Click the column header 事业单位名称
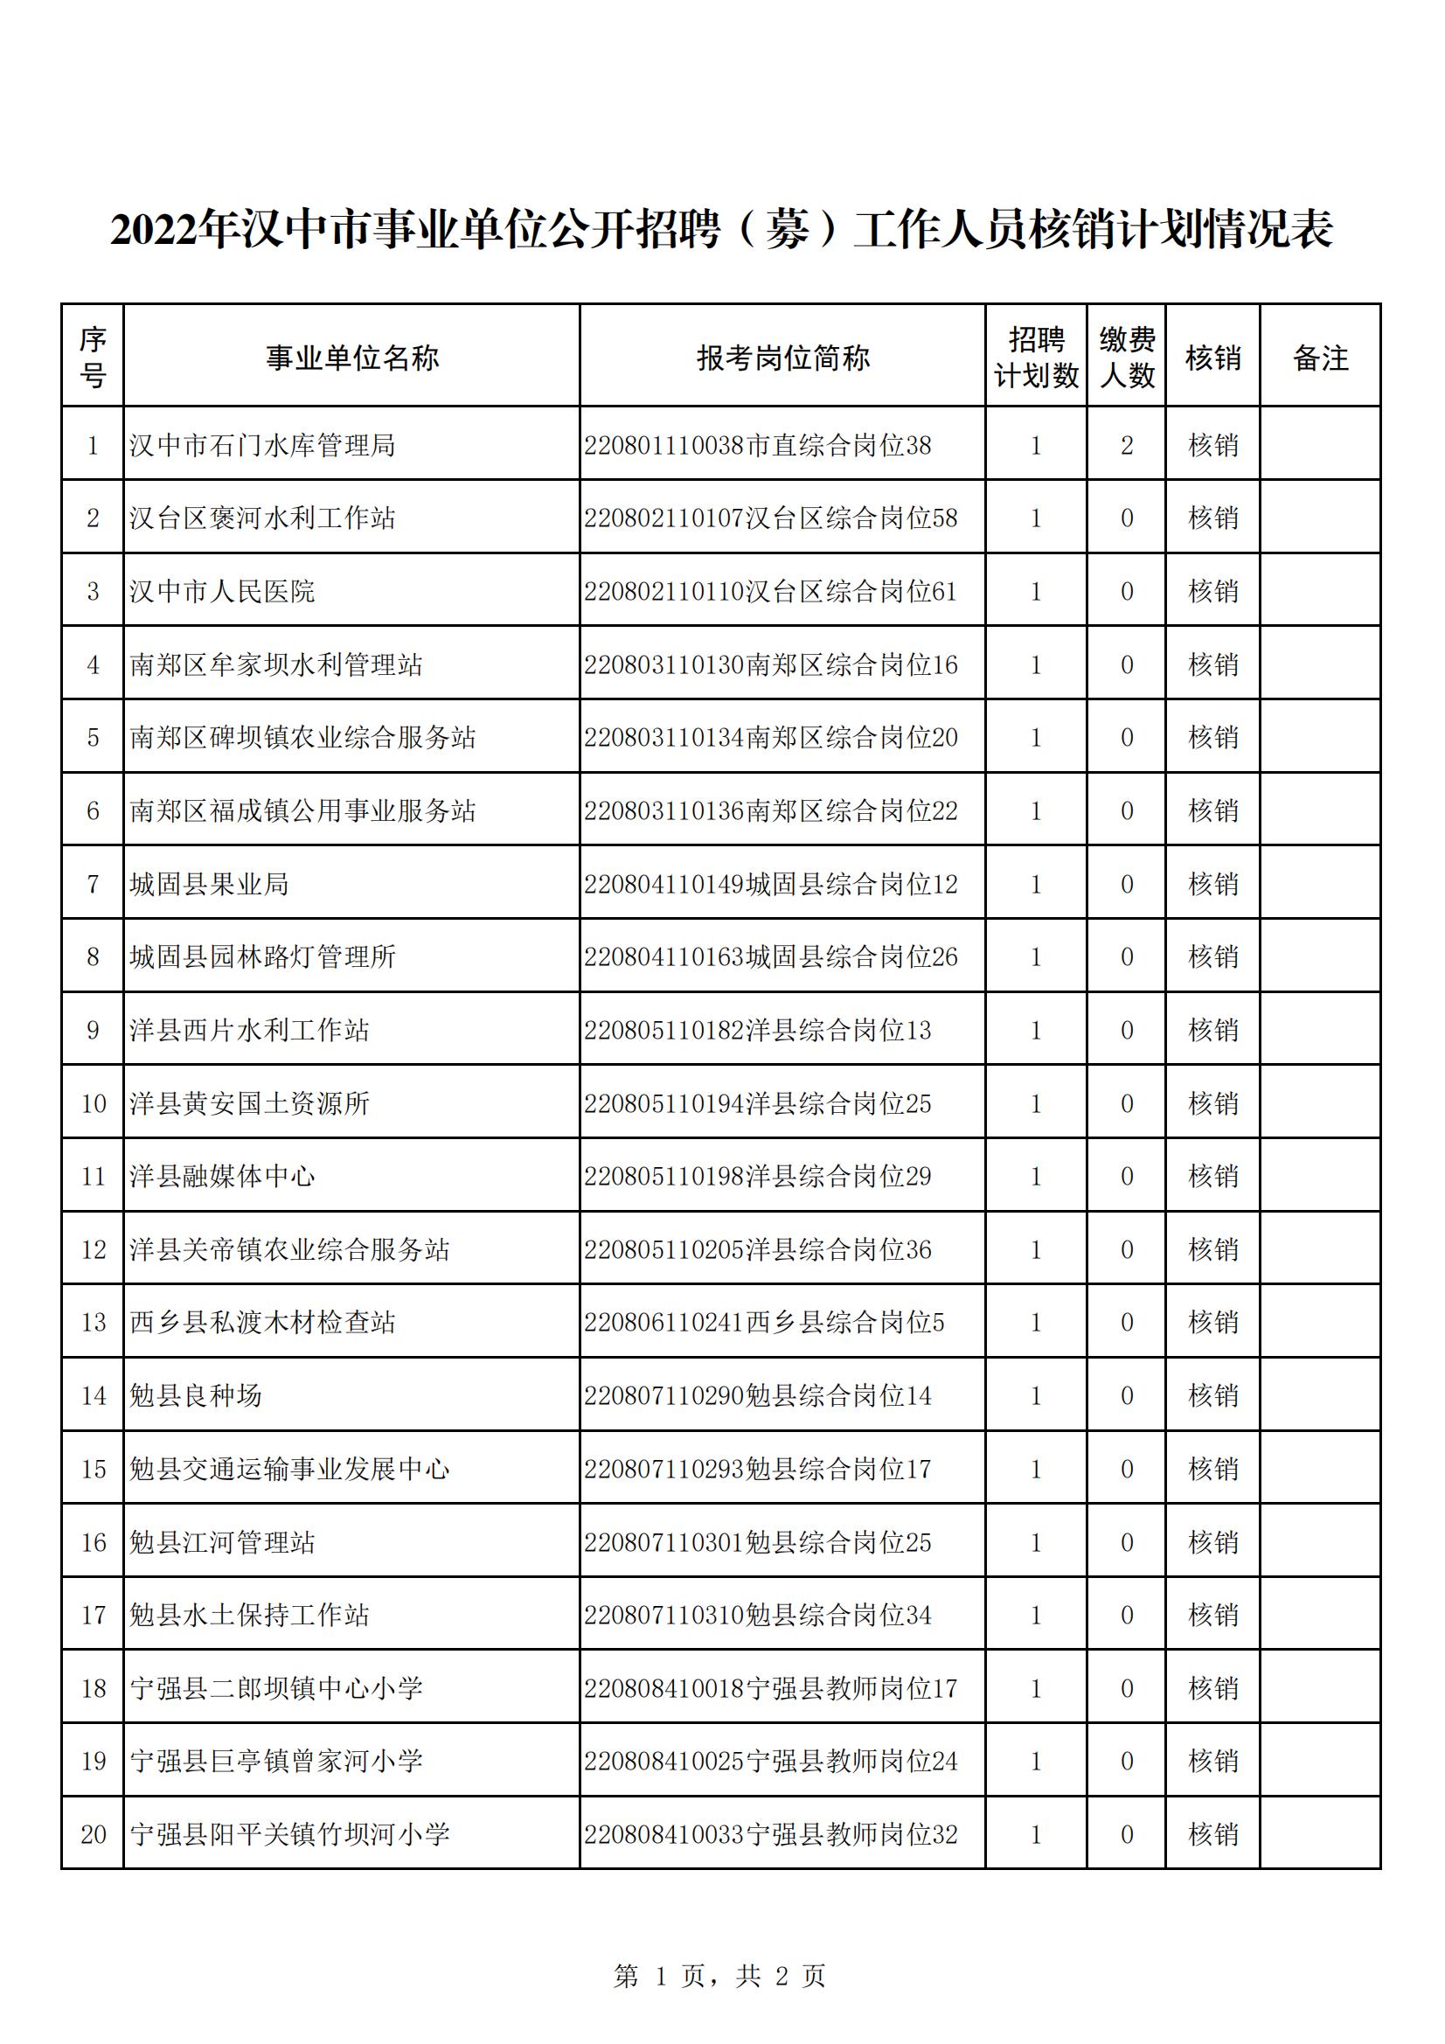[351, 358]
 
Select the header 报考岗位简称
[782, 358]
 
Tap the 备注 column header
[1319, 358]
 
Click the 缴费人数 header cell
[1126, 358]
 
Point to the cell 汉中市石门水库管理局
[262, 445]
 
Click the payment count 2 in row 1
[1126, 445]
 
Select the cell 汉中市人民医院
[223, 591]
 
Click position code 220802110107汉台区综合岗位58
[770, 518]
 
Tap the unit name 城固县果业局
[209, 884]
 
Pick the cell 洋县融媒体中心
[223, 1176]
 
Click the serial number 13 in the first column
[94, 1322]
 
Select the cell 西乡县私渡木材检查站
[262, 1322]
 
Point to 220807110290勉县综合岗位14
[758, 1395]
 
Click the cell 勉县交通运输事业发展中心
[289, 1469]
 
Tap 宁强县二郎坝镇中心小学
[276, 1688]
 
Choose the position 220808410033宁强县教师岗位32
[770, 1834]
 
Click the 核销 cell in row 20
[1212, 1834]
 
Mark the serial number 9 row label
[94, 1030]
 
